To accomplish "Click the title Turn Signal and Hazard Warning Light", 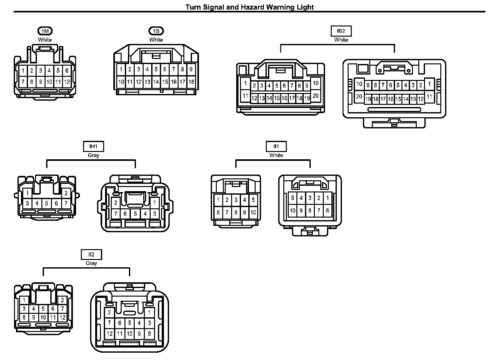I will coord(250,7).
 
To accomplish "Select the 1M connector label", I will coord(45,31).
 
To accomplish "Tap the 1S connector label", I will coord(156,31).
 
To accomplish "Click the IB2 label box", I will coord(341,31).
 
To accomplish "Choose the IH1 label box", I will coord(93,147).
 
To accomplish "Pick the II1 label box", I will coord(276,147).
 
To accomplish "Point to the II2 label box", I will coord(91,255).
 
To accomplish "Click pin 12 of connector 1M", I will coord(67,82).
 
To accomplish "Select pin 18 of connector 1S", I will coord(191,82).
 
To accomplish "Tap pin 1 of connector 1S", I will coord(121,69).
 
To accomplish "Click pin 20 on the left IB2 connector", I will coord(315,96).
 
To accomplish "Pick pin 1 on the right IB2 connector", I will coord(429,84).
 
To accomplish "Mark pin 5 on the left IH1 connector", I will coord(46,203).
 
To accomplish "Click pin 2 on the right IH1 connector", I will coord(116,203).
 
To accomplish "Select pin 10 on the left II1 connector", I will coord(253,212).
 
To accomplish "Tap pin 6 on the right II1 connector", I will coord(327,210).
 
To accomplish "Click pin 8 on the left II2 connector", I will coord(24,317).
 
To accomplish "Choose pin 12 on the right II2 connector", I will coord(110,334).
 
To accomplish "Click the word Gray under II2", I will coord(91,263).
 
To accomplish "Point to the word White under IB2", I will coord(341,40).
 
